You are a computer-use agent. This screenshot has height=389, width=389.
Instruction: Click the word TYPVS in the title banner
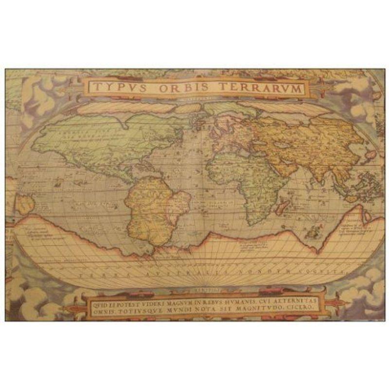pyautogui.click(x=116, y=88)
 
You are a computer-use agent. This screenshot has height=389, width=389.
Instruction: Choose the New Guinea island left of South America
pyautogui.click(x=24, y=203)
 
